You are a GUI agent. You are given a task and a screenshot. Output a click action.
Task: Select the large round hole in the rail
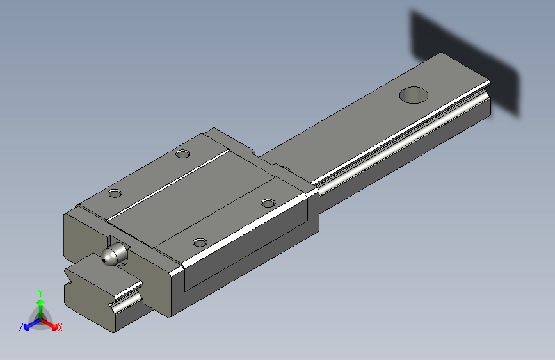click(x=414, y=95)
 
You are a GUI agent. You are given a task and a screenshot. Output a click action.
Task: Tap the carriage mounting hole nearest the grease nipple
click(x=200, y=242)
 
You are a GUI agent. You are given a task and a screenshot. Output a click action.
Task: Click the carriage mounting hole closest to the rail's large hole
click(x=268, y=203)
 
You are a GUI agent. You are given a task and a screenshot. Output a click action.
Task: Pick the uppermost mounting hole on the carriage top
click(x=184, y=154)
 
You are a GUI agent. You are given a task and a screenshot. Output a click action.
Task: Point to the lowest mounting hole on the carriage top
click(x=200, y=242)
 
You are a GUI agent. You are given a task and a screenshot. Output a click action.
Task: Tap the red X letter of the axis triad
click(x=60, y=327)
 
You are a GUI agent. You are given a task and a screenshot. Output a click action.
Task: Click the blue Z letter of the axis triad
click(x=21, y=327)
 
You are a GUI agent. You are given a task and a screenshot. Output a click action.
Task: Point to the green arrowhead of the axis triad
click(x=40, y=301)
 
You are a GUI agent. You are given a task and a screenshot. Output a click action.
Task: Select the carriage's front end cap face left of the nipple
click(x=80, y=237)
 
